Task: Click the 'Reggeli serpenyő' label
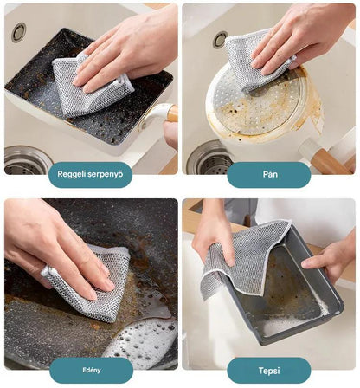pos(91,174)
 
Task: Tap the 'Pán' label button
pos(269,174)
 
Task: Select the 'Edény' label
pos(91,370)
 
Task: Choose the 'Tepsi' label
pos(269,371)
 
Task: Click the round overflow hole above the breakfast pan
pos(19,33)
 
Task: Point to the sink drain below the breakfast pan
pos(25,160)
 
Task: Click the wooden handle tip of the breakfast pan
pos(172,113)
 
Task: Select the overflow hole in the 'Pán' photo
pos(221,40)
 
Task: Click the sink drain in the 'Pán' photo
pos(210,159)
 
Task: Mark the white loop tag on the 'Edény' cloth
pos(47,272)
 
